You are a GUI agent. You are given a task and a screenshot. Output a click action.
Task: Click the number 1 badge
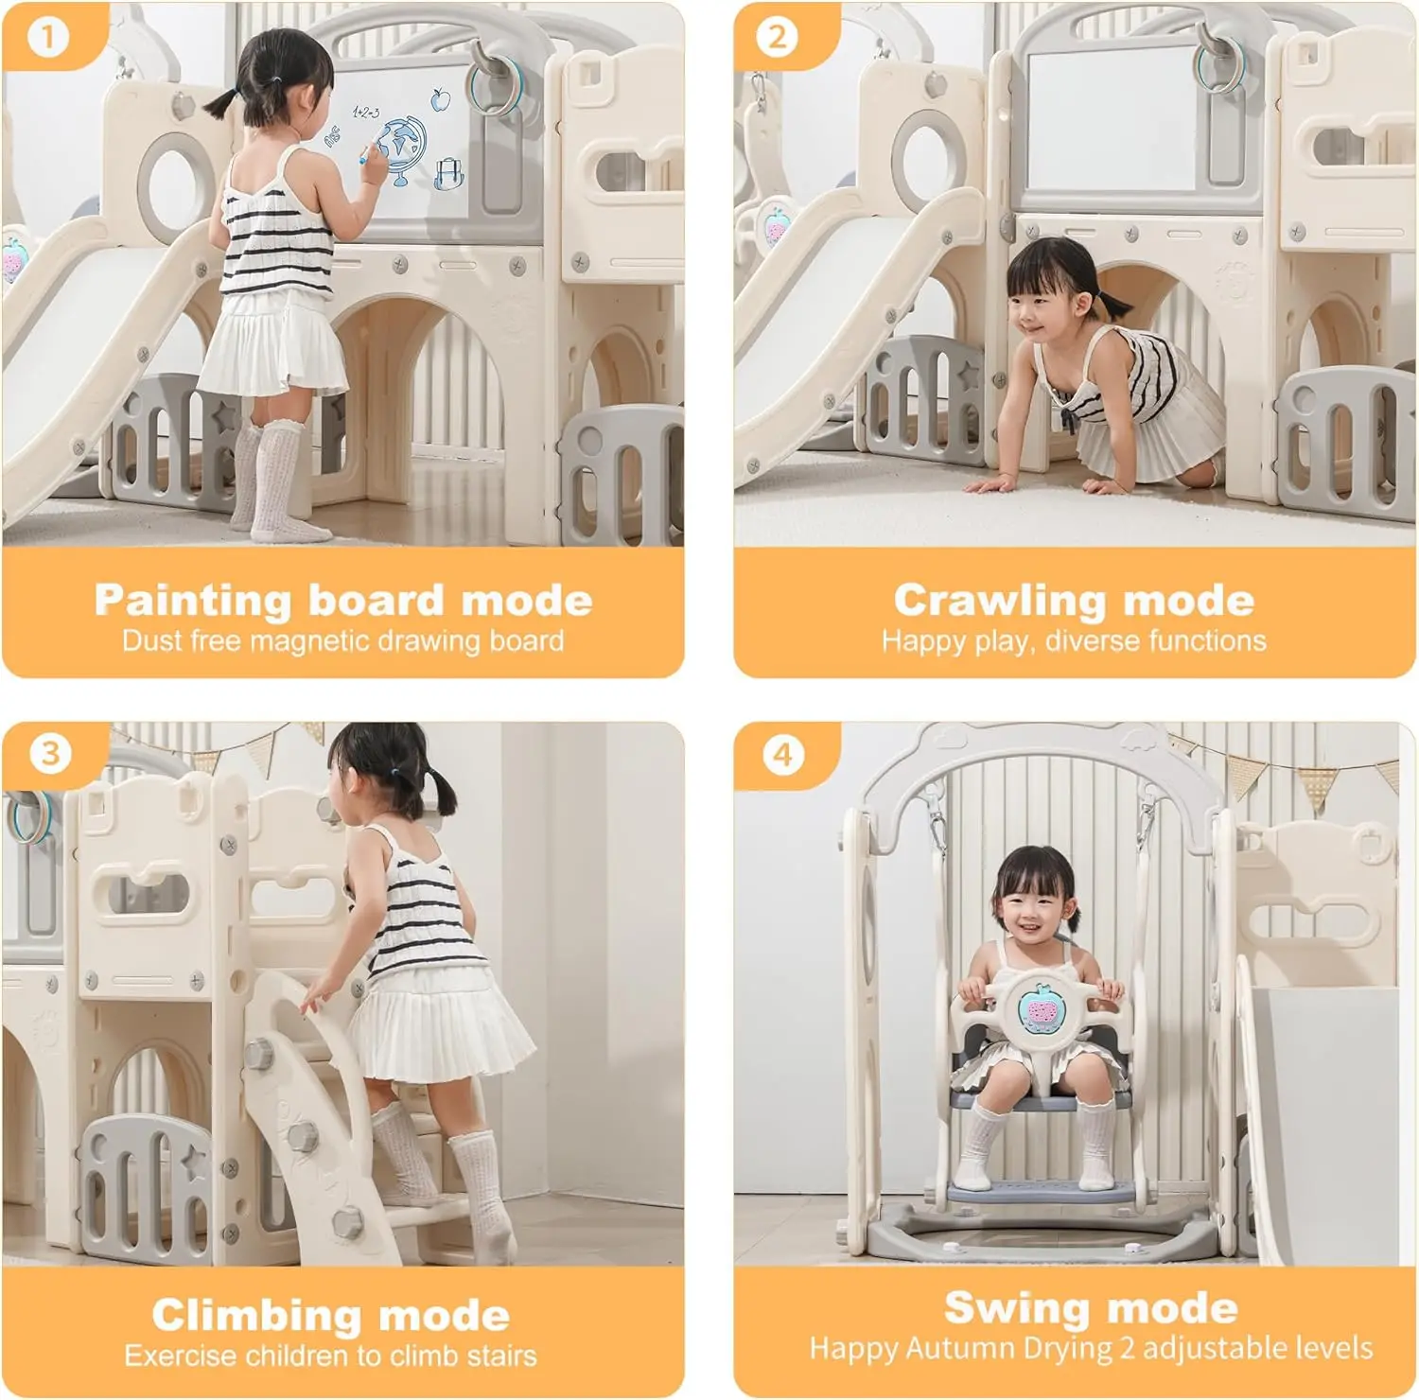pos(48,37)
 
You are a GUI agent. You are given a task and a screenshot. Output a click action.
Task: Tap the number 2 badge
pos(777,37)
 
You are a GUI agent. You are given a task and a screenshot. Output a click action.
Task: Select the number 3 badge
pos(50,754)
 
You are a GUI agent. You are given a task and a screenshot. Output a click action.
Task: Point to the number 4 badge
pos(782,755)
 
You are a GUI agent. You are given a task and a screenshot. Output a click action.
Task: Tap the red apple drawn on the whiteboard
pos(439,98)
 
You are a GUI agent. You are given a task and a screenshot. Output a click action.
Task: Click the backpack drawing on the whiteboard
pos(447,174)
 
